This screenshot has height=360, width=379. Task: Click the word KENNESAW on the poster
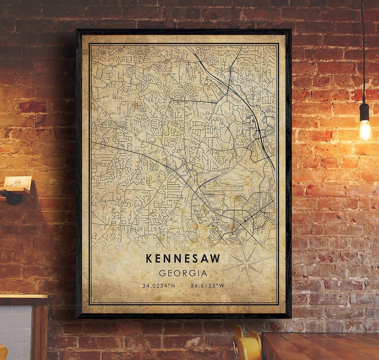(183, 258)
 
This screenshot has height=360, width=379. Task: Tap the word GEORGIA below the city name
(183, 273)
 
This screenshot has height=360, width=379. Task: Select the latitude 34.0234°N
(158, 286)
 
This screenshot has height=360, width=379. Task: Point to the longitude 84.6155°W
(207, 286)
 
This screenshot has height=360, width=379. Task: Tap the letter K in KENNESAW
(149, 258)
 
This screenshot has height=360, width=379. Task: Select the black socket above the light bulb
(365, 112)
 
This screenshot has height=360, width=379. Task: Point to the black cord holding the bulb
(363, 53)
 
